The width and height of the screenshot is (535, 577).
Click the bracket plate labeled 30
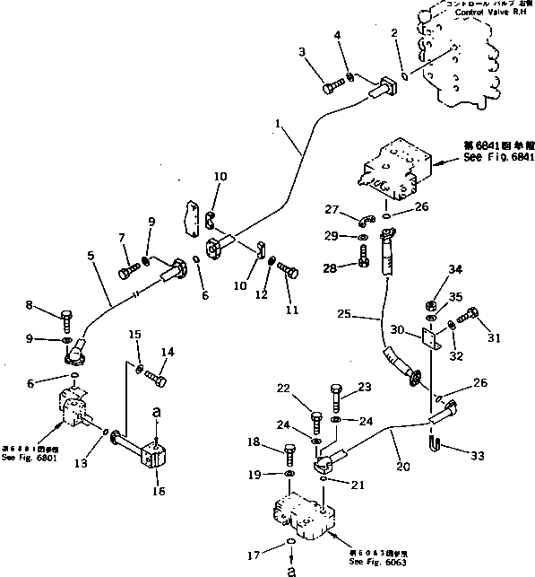pos(431,340)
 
